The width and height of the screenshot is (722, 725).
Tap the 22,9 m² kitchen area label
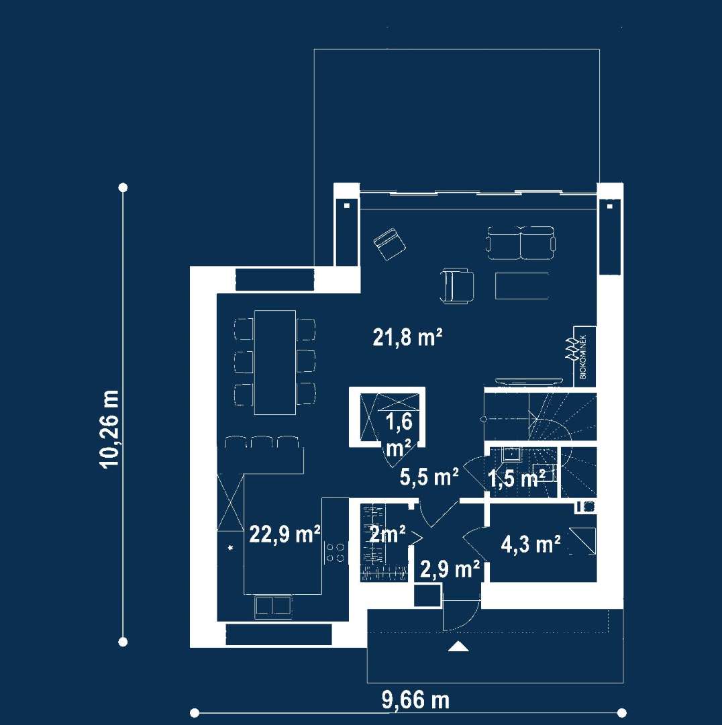[285, 534]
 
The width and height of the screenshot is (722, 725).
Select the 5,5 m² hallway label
[429, 477]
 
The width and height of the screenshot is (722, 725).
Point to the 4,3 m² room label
[531, 544]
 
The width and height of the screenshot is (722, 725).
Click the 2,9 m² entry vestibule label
[450, 570]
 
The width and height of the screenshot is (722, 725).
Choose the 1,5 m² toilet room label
[516, 479]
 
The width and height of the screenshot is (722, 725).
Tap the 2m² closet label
[387, 534]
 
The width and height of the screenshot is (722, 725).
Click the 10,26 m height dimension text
[109, 429]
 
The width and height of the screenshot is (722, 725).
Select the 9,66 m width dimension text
[415, 700]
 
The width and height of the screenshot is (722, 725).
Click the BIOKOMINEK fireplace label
[583, 356]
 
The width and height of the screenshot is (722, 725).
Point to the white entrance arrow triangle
[458, 646]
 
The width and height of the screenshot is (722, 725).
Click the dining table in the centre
[274, 362]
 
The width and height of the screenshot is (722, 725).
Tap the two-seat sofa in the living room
[521, 243]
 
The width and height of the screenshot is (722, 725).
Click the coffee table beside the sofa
[522, 287]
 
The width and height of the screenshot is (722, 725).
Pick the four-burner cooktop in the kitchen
[335, 552]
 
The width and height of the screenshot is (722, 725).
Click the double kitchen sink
[273, 606]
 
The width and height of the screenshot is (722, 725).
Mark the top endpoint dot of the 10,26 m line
[123, 187]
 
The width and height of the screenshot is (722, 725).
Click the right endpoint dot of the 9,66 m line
[621, 712]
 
